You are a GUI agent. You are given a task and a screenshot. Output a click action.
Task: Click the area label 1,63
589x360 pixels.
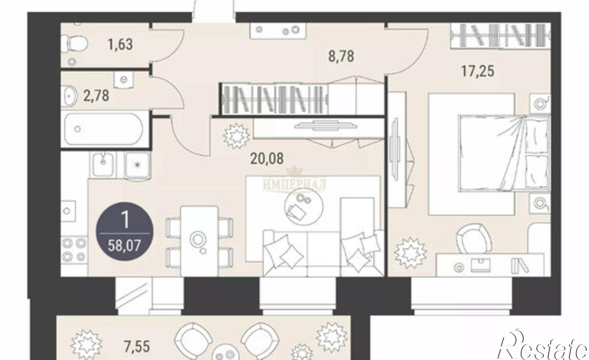[120, 44]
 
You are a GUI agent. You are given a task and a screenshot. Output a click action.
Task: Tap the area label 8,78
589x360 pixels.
[341, 56]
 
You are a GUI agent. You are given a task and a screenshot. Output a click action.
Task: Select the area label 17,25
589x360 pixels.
[477, 71]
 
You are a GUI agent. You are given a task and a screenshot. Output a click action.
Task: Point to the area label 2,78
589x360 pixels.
[96, 96]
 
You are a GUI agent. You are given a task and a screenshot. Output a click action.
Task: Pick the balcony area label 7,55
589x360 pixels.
[137, 347]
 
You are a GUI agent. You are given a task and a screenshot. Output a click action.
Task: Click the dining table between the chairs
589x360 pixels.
[199, 241]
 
